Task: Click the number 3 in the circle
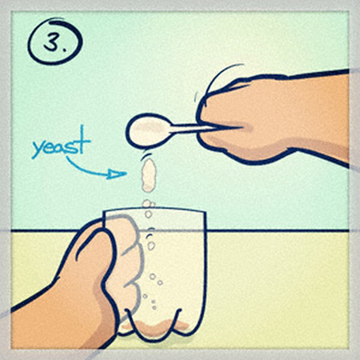52,42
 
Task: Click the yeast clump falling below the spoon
149,175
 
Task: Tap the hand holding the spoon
272,118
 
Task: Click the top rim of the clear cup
154,210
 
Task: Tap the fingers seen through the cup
127,266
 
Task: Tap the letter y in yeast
38,150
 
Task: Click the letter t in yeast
83,139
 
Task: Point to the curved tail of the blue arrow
82,170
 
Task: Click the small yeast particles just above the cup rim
148,204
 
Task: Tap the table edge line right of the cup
278,230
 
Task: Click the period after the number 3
64,49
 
